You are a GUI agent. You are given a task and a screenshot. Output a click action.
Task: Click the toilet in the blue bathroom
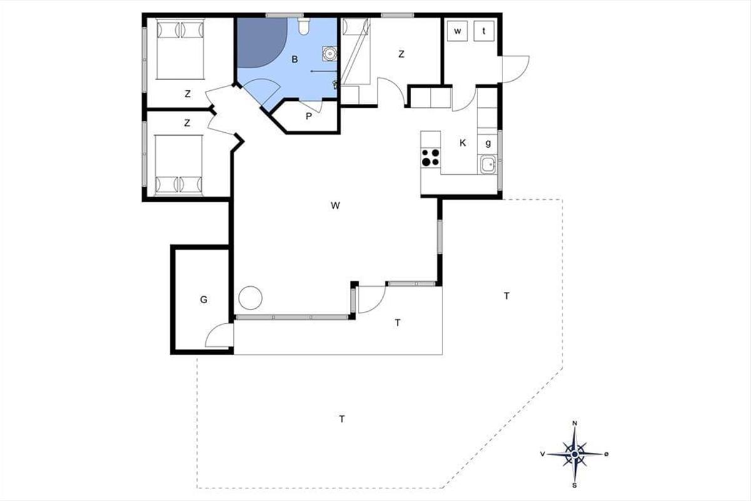point(304,26)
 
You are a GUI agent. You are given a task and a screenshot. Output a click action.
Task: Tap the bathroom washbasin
point(330,54)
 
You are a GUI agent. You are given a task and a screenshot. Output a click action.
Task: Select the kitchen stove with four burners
point(431,157)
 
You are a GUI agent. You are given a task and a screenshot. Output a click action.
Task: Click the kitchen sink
point(488,165)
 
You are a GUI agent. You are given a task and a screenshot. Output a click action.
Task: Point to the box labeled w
point(457,31)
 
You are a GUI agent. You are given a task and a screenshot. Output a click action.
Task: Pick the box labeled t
point(484,31)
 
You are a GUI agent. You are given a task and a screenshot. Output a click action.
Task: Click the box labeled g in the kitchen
point(488,143)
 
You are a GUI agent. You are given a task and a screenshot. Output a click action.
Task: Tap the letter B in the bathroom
point(295,59)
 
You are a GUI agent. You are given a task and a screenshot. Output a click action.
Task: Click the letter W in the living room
point(335,205)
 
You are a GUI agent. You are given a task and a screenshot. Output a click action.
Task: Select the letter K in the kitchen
point(462,143)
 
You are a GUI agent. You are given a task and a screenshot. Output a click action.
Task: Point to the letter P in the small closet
point(309,116)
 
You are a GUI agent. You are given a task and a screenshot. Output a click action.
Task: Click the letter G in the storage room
point(203,299)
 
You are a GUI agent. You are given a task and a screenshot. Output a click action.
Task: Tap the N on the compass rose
point(575,423)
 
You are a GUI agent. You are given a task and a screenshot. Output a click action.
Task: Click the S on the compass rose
point(575,485)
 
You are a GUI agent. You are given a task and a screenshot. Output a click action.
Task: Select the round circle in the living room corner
point(250,298)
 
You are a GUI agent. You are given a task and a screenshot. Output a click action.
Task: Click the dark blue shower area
point(260,40)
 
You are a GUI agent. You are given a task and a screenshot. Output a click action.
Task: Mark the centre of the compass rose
point(575,455)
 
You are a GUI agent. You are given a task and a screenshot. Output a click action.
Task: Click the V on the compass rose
point(543,454)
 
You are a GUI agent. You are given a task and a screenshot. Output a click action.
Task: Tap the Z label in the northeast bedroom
point(401,54)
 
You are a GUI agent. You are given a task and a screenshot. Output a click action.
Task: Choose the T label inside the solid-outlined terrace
point(397,323)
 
